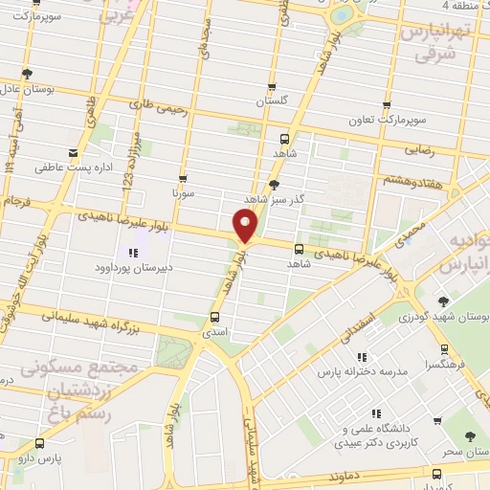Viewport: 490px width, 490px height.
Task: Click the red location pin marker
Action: pos(246,226)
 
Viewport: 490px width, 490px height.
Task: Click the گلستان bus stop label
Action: pos(272,100)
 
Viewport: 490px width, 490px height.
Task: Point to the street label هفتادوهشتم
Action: pos(412,179)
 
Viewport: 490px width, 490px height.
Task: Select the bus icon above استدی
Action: pos(214,316)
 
